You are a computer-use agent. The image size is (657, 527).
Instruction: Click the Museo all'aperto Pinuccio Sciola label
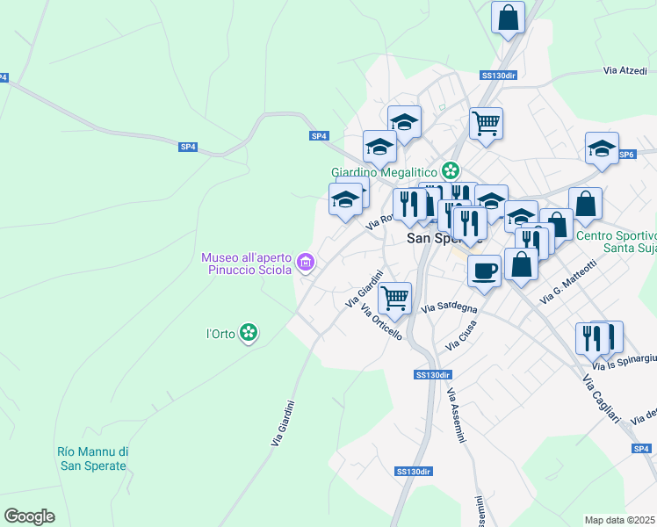pos(249,263)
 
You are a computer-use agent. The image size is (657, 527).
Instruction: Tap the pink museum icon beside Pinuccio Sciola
pos(306,262)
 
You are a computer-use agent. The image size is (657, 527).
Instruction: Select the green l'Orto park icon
pos(249,332)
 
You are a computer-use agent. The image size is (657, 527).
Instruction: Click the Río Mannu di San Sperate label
pos(92,458)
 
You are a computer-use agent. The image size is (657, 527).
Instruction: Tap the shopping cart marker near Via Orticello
pos(395,298)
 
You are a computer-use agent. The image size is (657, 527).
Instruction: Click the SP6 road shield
pos(625,155)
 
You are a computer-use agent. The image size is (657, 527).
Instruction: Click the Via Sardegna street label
pos(450,308)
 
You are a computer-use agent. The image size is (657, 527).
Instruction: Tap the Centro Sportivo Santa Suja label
pos(617,242)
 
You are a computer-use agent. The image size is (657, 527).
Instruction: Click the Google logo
pos(29,516)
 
